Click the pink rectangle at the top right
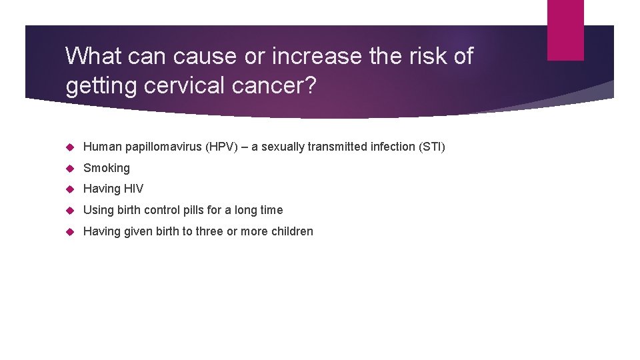click(x=565, y=29)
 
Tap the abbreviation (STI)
click(x=431, y=147)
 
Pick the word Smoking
click(x=107, y=168)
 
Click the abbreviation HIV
click(x=133, y=189)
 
